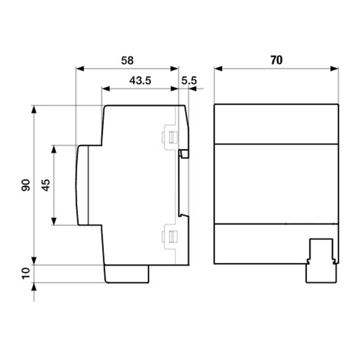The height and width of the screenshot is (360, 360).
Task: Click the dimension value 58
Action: click(x=127, y=61)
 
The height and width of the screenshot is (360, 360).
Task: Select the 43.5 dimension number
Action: click(x=140, y=81)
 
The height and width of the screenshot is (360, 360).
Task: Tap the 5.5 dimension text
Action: click(x=189, y=81)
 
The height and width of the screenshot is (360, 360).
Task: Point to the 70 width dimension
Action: click(x=276, y=60)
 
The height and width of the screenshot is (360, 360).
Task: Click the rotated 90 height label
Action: click(x=26, y=185)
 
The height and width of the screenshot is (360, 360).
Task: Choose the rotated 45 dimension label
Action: click(x=46, y=185)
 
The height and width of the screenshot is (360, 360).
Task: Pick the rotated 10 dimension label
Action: click(x=26, y=273)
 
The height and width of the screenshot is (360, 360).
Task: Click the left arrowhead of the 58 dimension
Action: click(x=80, y=68)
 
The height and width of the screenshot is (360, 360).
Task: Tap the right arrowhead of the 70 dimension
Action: click(x=334, y=68)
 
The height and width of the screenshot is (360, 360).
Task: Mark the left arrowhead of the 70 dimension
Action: click(x=218, y=68)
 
